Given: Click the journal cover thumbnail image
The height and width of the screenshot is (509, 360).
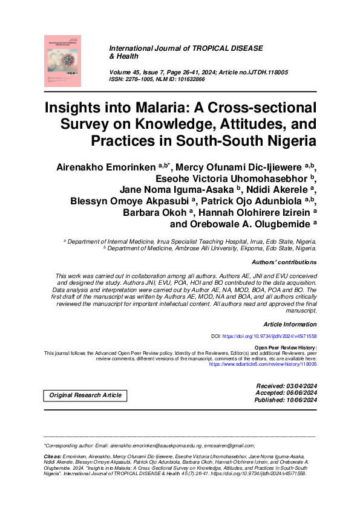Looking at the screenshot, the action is (62, 60).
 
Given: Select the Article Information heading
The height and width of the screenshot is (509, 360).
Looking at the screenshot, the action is (290, 325).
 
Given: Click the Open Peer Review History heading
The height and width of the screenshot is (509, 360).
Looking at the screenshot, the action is (286, 348).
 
